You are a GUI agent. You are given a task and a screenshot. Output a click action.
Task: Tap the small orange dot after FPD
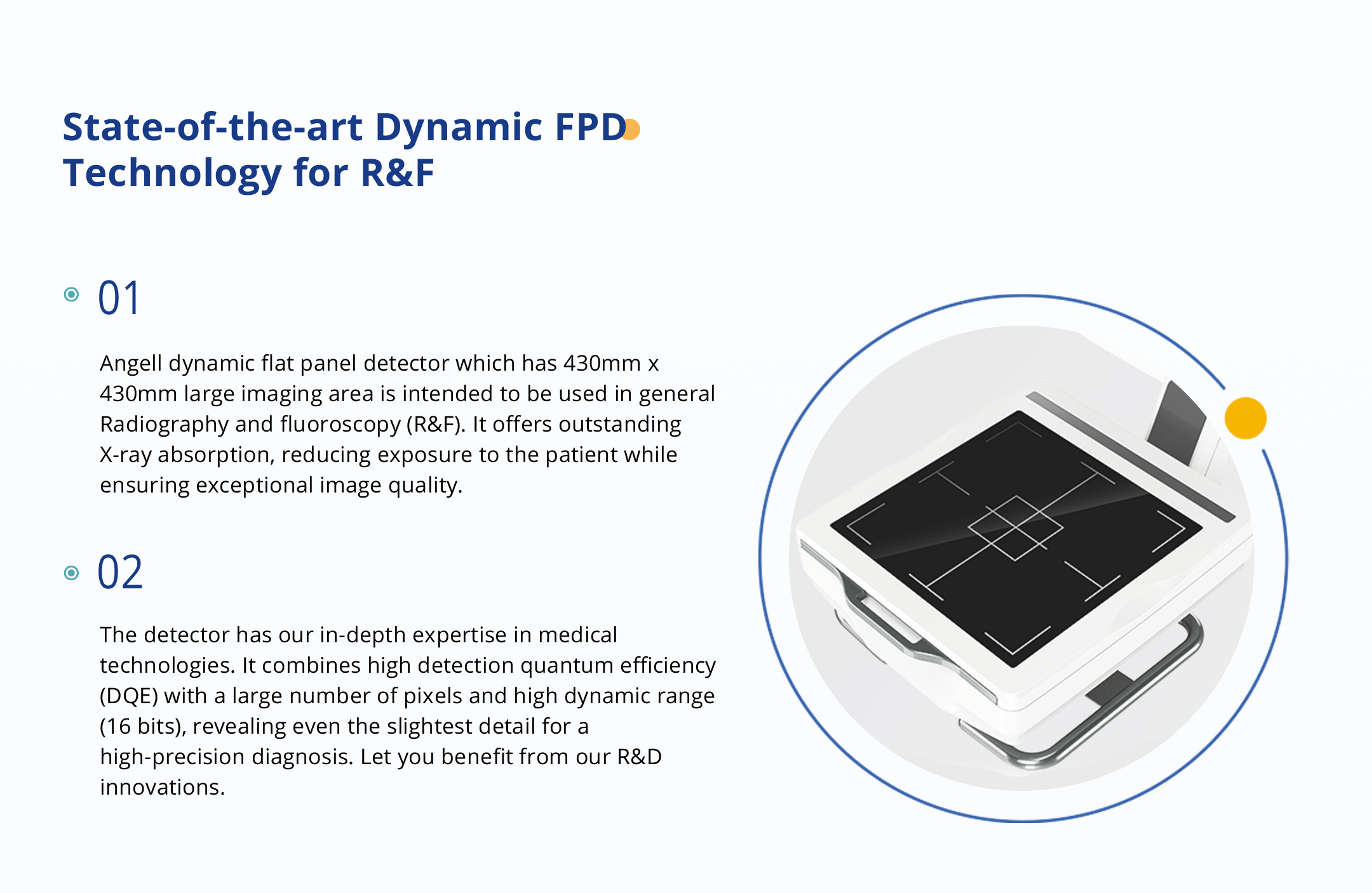pyautogui.click(x=631, y=129)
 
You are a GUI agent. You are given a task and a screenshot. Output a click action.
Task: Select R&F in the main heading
pyautogui.click(x=398, y=173)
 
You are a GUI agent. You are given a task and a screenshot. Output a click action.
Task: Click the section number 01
pyautogui.click(x=119, y=298)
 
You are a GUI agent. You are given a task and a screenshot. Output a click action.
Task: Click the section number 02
pyautogui.click(x=120, y=572)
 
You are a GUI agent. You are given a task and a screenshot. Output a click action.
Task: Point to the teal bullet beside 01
pyautogui.click(x=72, y=294)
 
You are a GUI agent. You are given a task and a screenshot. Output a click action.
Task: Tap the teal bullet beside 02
pyautogui.click(x=72, y=573)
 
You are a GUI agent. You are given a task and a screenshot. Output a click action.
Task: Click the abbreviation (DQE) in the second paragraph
pyautogui.click(x=129, y=696)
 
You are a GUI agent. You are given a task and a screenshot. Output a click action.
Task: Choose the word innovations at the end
pyautogui.click(x=163, y=788)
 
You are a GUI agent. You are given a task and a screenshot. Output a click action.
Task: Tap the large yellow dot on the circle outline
pyautogui.click(x=1245, y=418)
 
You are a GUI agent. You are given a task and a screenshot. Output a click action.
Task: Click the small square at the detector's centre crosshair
pyautogui.click(x=1016, y=528)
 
